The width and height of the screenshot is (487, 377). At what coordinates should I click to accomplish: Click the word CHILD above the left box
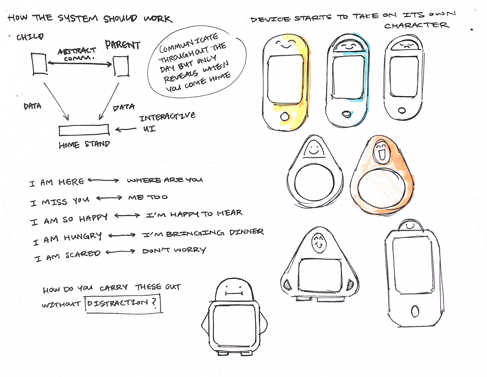pos(30,37)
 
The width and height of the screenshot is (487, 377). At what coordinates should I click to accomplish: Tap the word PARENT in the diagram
pos(122,45)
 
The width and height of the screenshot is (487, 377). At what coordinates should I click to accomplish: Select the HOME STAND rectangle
pos(84,130)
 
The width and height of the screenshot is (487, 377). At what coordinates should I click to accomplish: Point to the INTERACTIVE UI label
pos(167,122)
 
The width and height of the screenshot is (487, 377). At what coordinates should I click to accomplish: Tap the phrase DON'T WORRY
pos(174,250)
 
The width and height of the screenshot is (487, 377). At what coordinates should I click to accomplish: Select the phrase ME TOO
pos(148,197)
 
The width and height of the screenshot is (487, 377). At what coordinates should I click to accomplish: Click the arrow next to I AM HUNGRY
pos(122,235)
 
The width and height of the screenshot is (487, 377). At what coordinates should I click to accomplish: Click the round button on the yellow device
pos(285,116)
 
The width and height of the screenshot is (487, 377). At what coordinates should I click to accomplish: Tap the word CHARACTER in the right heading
pos(416,26)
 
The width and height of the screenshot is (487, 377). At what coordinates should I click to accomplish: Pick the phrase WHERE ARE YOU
pos(165,180)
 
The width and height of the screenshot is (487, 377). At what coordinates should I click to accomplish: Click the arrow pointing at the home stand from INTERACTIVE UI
pos(126,129)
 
